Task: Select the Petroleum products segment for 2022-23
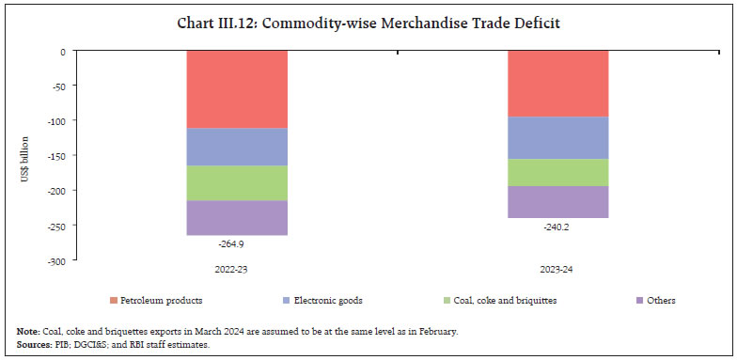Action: pyautogui.click(x=237, y=88)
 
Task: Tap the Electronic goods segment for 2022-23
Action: pyautogui.click(x=237, y=146)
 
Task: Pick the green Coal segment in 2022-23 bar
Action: pyautogui.click(x=237, y=182)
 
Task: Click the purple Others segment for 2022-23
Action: pyautogui.click(x=237, y=217)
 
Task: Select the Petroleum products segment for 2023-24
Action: pyautogui.click(x=557, y=83)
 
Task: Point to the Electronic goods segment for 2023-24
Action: pyautogui.click(x=557, y=137)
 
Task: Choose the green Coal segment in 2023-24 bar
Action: pyautogui.click(x=557, y=172)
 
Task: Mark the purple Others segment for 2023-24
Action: pyautogui.click(x=557, y=201)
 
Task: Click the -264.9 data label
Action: pyautogui.click(x=237, y=243)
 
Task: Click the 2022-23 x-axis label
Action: pyautogui.click(x=237, y=269)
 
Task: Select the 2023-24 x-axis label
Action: pyautogui.click(x=557, y=269)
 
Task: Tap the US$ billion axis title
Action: pyautogui.click(x=26, y=155)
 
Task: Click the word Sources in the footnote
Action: pyautogui.click(x=35, y=344)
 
